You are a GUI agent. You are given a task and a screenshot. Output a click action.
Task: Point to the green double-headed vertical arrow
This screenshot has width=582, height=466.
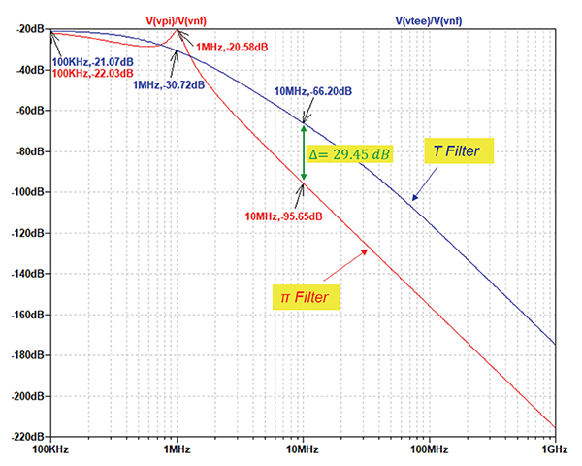pos(303,152)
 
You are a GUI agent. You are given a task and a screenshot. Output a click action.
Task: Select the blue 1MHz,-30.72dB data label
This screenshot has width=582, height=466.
pos(169,85)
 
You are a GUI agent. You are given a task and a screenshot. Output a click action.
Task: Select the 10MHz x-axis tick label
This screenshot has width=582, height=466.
pos(303,450)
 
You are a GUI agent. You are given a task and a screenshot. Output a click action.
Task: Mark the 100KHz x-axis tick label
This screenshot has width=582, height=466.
pos(52,450)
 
